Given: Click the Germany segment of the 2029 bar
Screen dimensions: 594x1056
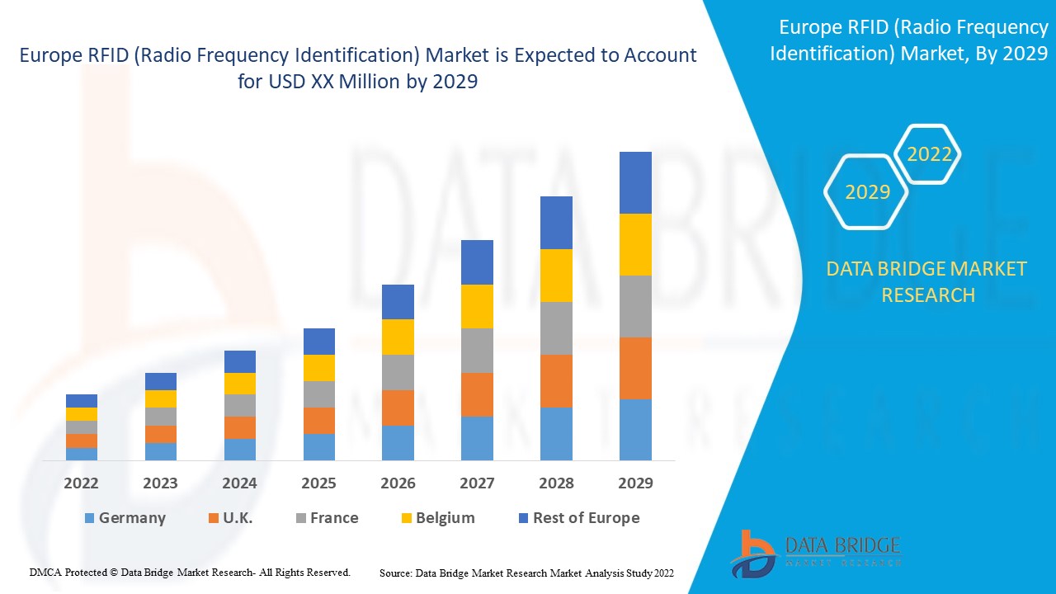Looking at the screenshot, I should point(635,429).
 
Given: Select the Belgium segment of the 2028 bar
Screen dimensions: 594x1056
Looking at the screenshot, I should point(556,276).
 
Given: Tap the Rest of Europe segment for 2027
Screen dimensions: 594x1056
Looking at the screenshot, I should point(477,262).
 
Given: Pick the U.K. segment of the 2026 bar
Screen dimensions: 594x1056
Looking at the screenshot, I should point(398,408).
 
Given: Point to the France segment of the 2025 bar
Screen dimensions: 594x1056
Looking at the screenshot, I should point(319,394).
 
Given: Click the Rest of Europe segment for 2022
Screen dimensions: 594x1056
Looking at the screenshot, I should point(82,401).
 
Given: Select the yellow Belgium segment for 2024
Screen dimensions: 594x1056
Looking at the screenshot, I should point(240,384).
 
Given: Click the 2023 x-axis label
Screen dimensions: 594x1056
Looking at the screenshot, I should point(160,483).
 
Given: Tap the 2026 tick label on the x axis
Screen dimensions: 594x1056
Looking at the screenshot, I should point(398,483).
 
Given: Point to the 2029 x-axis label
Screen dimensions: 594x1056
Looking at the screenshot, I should point(635,483).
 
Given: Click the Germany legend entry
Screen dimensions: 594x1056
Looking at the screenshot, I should point(125,518).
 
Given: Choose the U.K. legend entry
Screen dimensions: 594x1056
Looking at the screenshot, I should point(230,518).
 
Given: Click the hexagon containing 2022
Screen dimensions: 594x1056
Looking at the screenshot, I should point(929,154).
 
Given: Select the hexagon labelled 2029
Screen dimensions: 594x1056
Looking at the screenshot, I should point(867,192).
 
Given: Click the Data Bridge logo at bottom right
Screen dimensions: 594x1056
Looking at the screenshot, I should point(815,552).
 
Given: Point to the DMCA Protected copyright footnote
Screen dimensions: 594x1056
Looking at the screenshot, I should point(190,572).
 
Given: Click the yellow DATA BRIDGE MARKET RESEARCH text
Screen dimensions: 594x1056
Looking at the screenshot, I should point(927,282).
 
